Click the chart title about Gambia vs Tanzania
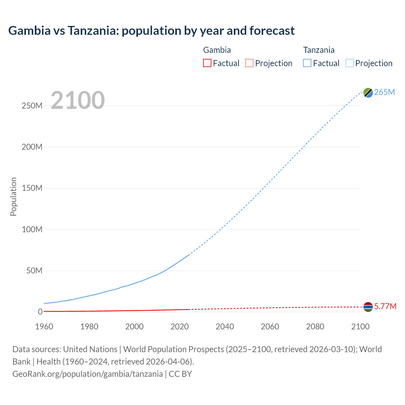(151, 31)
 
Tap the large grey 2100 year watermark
(78, 100)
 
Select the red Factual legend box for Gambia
(207, 63)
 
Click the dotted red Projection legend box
(249, 63)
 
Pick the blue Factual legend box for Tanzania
(307, 63)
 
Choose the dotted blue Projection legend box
(349, 63)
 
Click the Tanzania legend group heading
(319, 50)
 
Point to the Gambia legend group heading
(217, 50)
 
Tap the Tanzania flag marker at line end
(368, 92)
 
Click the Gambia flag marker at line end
(368, 307)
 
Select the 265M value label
(384, 92)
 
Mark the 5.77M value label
(385, 306)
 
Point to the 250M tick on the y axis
(32, 106)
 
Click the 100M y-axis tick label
(32, 229)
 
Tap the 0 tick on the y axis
(40, 312)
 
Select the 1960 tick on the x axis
(44, 327)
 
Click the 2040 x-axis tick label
(225, 327)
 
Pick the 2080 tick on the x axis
(315, 327)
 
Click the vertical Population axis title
(13, 196)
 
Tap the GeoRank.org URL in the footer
(88, 374)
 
